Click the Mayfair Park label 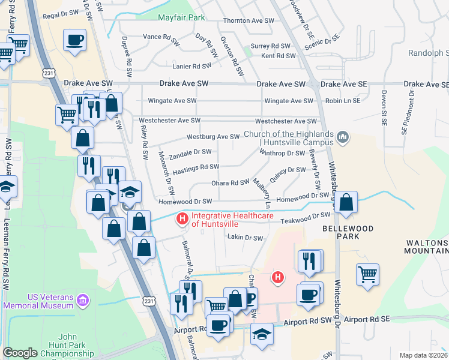click(x=181, y=18)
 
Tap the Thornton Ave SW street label click(x=249, y=20)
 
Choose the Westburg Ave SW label click(x=213, y=137)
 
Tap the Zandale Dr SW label click(x=190, y=152)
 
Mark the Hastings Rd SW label click(x=196, y=167)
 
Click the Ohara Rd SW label click(x=231, y=182)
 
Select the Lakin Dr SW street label click(x=245, y=238)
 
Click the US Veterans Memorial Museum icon click(x=83, y=299)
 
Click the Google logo click(x=20, y=353)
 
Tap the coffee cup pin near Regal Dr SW click(x=74, y=40)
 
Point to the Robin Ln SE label click(x=343, y=101)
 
